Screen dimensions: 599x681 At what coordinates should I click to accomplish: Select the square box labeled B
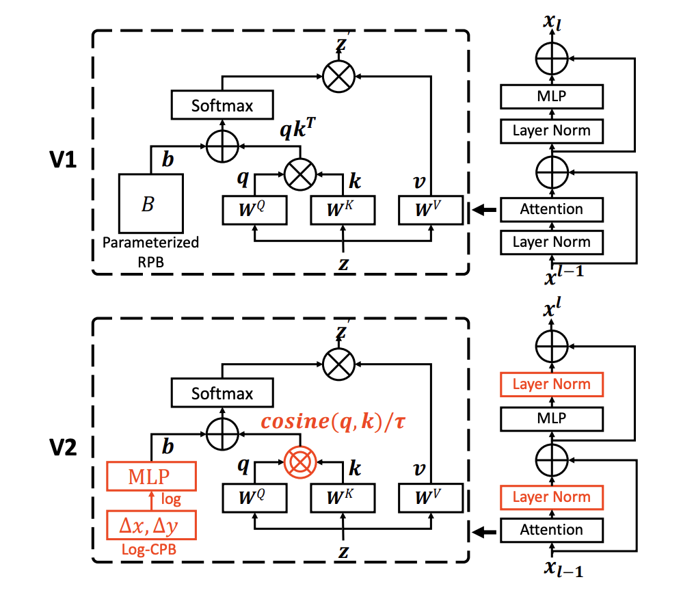pyautogui.click(x=150, y=203)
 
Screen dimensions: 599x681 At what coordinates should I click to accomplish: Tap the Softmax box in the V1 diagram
pyautogui.click(x=222, y=106)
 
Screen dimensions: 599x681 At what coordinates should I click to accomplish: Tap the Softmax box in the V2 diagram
pyautogui.click(x=222, y=394)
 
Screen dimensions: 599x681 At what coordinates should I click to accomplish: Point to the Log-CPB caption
pyautogui.click(x=151, y=548)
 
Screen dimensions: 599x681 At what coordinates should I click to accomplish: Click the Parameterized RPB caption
pyautogui.click(x=150, y=250)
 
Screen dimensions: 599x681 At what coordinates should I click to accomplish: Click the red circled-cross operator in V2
pyautogui.click(x=299, y=463)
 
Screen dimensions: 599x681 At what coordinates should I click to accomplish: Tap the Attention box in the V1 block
pyautogui.click(x=551, y=209)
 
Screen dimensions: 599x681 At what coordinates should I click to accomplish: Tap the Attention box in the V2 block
pyautogui.click(x=551, y=529)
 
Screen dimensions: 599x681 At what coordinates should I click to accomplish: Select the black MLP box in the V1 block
pyautogui.click(x=551, y=96)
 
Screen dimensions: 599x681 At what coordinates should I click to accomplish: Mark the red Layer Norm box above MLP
pyautogui.click(x=551, y=384)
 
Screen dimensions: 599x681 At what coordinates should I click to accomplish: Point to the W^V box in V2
pyautogui.click(x=430, y=497)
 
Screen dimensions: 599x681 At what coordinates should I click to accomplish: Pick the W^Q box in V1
pyautogui.click(x=255, y=209)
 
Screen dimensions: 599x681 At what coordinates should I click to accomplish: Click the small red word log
pyautogui.click(x=171, y=500)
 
